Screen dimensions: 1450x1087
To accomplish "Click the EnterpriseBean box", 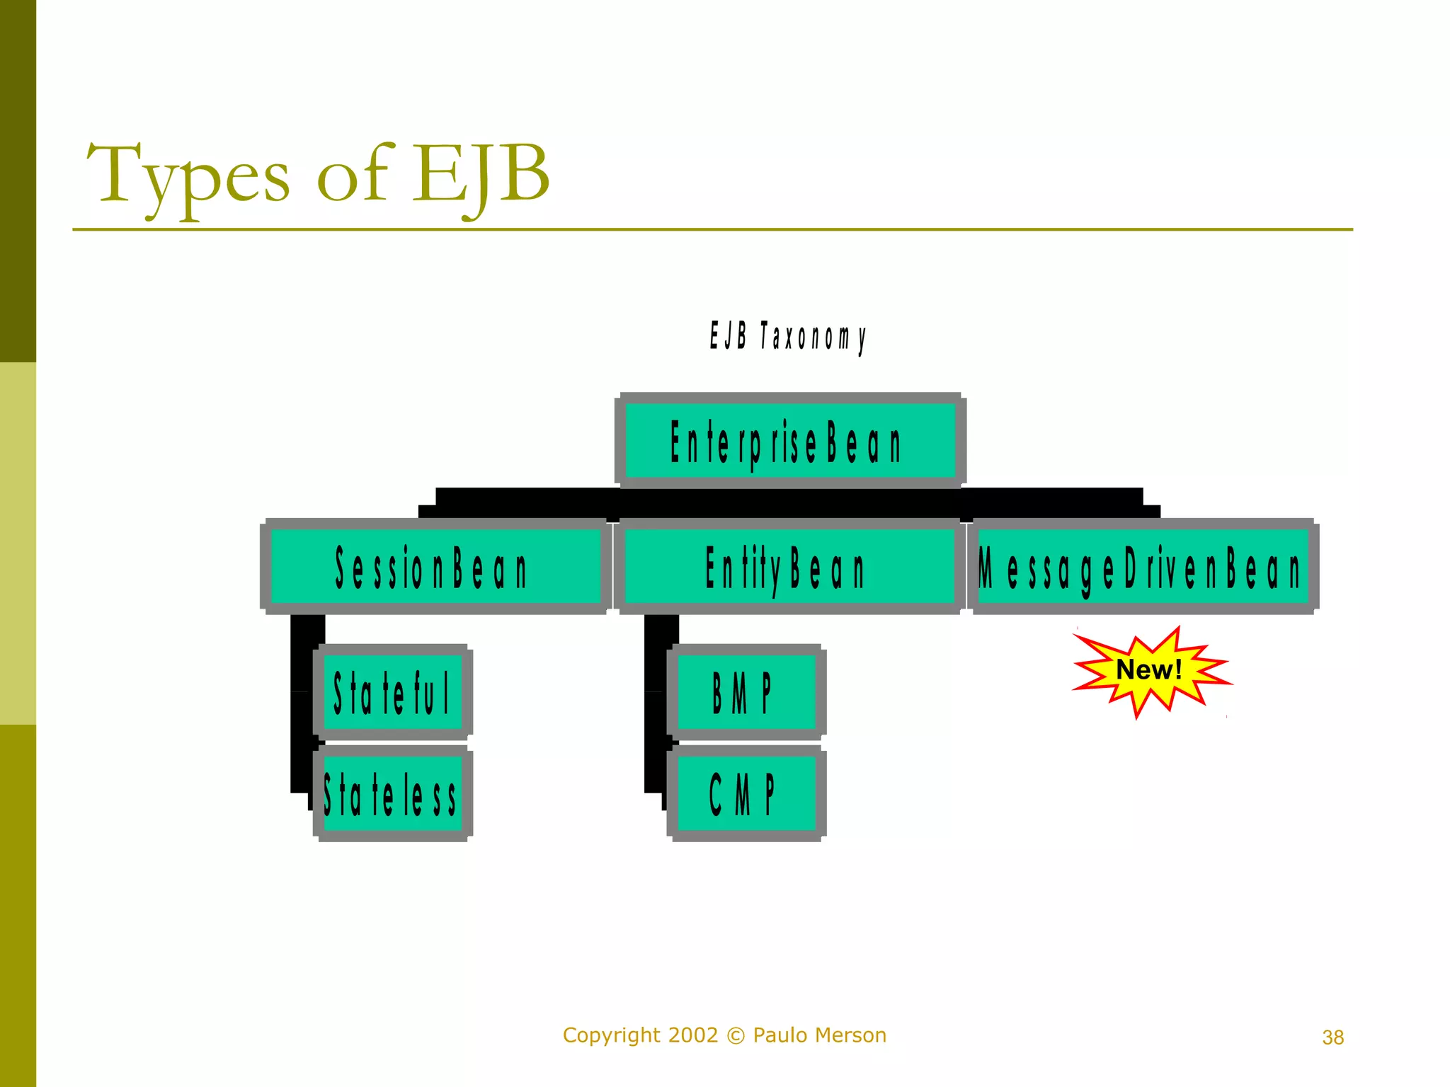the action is point(790,441).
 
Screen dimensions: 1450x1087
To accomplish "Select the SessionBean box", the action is point(435,567).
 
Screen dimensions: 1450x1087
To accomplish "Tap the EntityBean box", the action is point(789,567).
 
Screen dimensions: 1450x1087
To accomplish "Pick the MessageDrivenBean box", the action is point(1143,567).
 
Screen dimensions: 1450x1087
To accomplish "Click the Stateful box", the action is point(393,692).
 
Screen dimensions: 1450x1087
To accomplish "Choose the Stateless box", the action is point(393,793).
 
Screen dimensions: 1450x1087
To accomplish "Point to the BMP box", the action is point(746,692).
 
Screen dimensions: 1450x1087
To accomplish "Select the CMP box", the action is point(746,793).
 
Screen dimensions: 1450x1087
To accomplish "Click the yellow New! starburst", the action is point(1150,671).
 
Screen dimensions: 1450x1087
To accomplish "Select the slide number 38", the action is point(1332,1037).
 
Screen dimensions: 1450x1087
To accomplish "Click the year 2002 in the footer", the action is point(692,1035).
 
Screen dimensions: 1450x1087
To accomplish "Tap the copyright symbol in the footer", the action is point(736,1036).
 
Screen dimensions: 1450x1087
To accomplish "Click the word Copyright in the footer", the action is point(612,1035).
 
